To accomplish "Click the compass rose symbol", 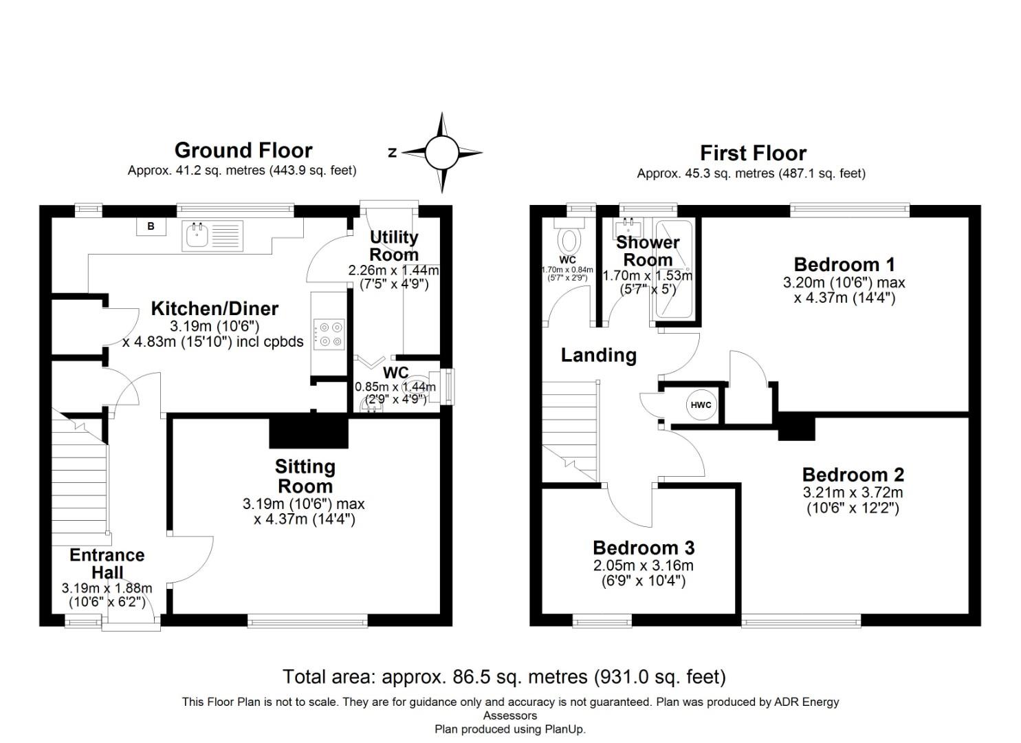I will click(441, 153).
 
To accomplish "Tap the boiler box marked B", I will click(151, 226).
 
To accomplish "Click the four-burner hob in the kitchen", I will click(329, 334).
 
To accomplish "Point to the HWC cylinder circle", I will click(701, 405).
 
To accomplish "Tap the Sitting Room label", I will click(305, 476).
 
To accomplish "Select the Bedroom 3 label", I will click(644, 548).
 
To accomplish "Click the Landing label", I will click(598, 355).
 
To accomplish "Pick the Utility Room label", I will click(394, 246).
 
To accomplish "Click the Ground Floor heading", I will click(243, 150).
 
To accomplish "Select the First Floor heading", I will click(753, 153).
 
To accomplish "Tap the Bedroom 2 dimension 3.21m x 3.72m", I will click(853, 493).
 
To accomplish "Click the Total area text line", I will click(504, 677).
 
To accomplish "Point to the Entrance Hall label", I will click(107, 563).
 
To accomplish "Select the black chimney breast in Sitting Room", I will click(309, 432).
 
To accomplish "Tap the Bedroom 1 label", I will click(844, 264).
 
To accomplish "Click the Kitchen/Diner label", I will click(215, 309).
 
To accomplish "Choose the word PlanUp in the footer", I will click(564, 729).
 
